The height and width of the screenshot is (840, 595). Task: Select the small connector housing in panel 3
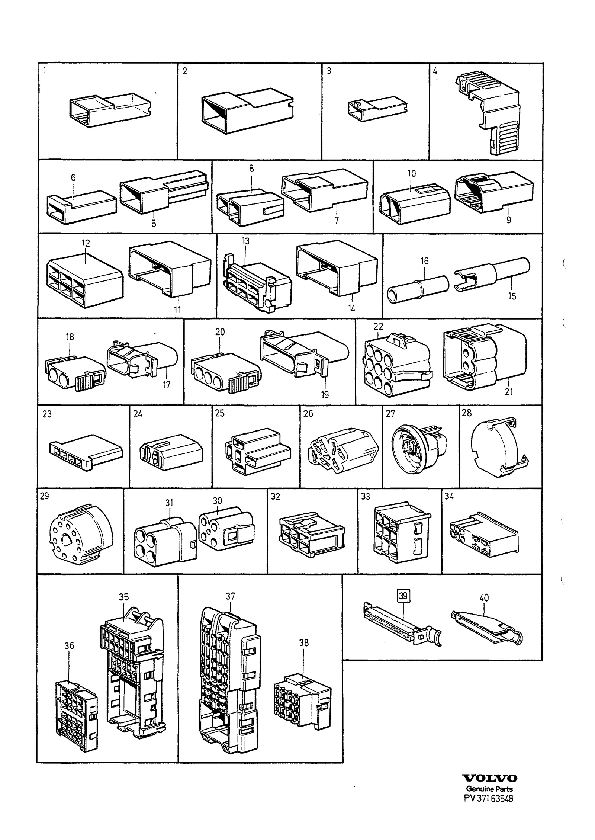click(x=377, y=109)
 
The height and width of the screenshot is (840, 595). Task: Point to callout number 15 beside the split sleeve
click(x=512, y=296)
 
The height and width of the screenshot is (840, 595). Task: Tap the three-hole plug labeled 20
click(x=226, y=374)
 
